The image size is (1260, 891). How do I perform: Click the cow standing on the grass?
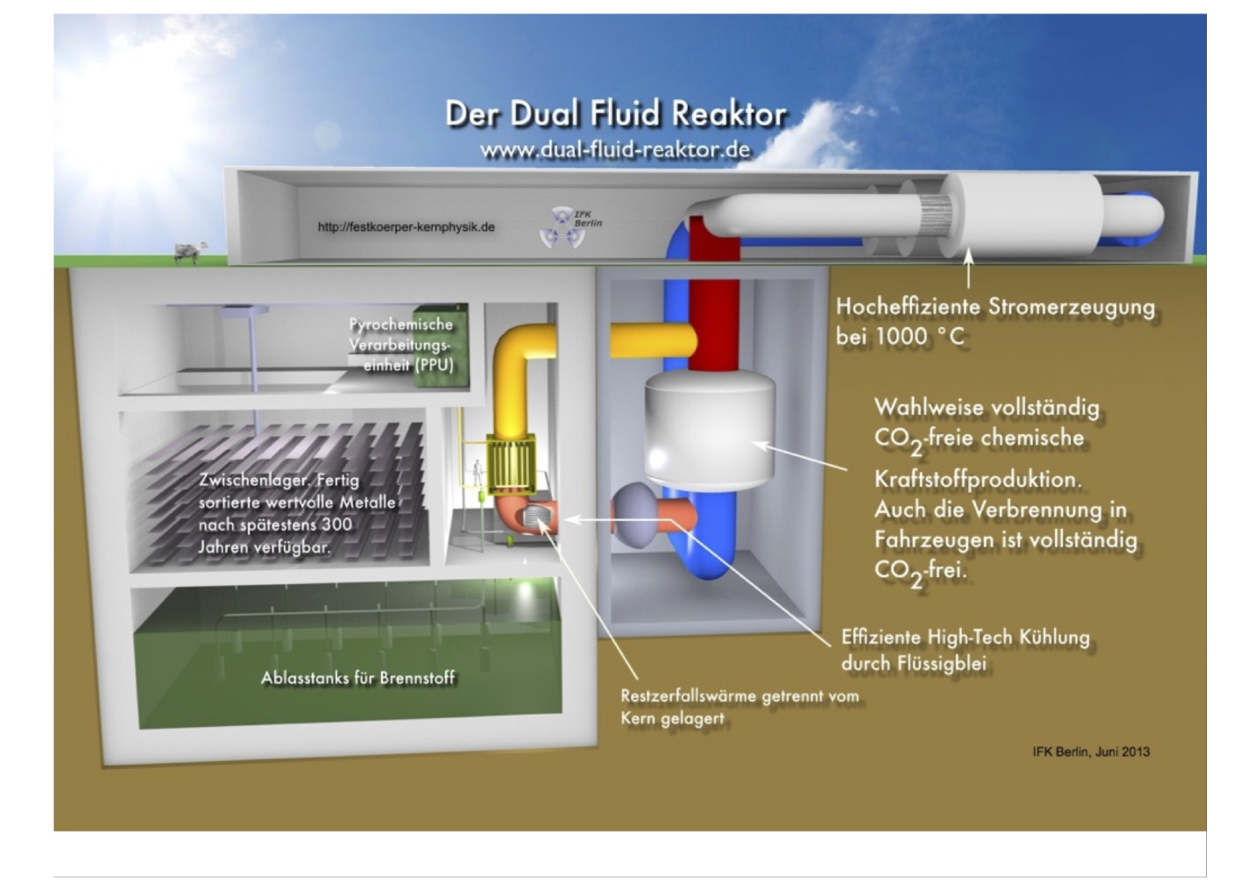click(x=189, y=252)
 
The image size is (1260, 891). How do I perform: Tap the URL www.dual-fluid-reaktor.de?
click(x=615, y=150)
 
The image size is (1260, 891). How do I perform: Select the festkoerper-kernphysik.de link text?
click(x=406, y=227)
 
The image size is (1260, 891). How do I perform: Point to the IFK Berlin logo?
click(x=569, y=226)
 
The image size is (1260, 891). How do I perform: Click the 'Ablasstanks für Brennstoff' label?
click(x=357, y=678)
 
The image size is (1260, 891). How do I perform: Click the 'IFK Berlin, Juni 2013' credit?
click(x=1090, y=752)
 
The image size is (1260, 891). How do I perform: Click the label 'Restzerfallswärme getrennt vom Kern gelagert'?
click(x=739, y=706)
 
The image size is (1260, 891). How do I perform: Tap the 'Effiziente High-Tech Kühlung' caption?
click(x=965, y=637)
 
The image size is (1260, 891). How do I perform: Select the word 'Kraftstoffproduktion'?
click(x=977, y=479)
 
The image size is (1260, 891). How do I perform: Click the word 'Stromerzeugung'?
click(x=1071, y=306)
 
